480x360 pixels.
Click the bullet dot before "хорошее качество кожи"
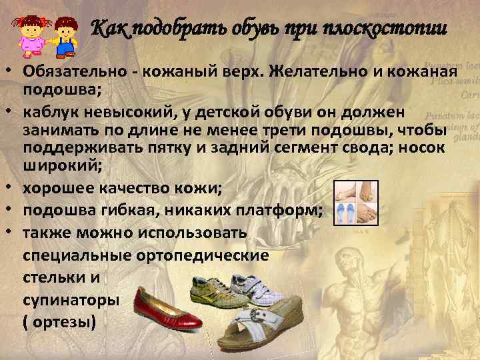pos(12,187)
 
